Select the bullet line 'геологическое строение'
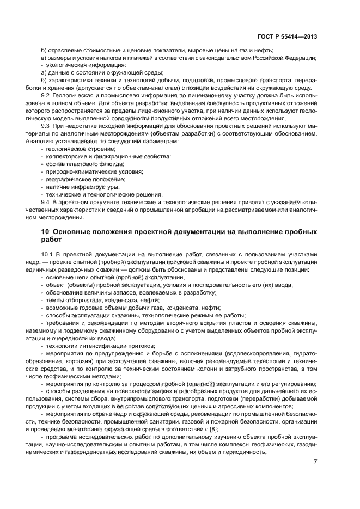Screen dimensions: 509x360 point(75,149)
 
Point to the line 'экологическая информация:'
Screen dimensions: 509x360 point(79,65)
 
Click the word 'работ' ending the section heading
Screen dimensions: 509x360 point(52,240)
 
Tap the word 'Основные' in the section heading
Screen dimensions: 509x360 point(75,232)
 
